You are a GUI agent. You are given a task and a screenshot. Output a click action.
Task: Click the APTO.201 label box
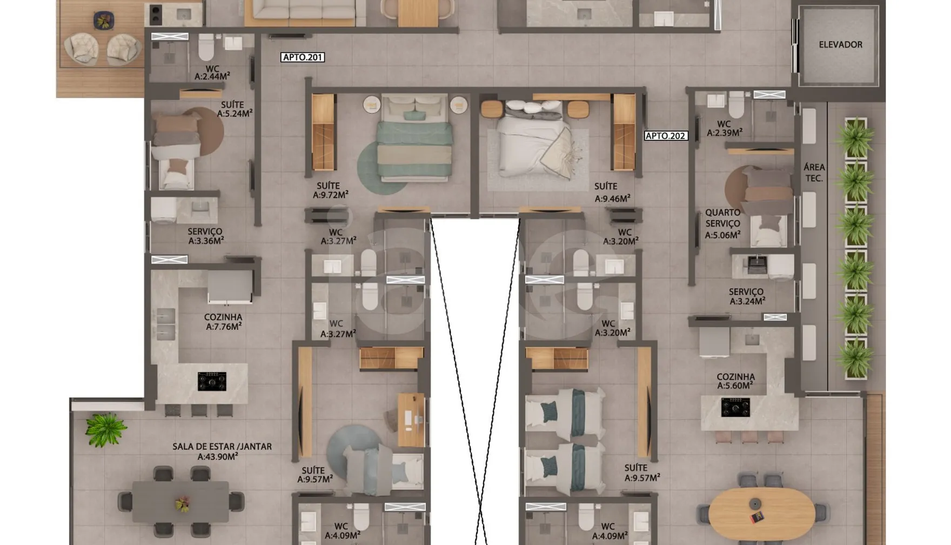(303, 57)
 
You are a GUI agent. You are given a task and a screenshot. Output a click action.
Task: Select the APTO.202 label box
(666, 136)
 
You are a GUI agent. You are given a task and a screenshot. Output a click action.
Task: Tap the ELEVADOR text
(840, 45)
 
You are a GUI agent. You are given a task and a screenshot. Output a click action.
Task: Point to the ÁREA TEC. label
(814, 172)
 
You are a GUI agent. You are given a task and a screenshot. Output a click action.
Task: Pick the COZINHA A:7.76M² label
(223, 322)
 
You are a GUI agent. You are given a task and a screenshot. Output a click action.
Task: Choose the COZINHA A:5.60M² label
(735, 381)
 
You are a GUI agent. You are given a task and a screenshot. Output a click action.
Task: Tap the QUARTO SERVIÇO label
(722, 218)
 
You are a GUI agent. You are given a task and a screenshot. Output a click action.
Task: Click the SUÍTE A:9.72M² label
(330, 190)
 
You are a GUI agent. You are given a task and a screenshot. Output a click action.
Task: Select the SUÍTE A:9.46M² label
(612, 192)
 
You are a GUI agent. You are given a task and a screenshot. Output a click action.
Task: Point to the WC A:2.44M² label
(212, 73)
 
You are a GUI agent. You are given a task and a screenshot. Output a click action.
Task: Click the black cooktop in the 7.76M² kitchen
(212, 381)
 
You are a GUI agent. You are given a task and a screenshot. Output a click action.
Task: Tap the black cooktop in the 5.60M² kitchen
(735, 407)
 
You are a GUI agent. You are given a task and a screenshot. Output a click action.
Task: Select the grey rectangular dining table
(180, 502)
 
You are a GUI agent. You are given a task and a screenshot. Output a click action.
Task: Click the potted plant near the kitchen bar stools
(105, 429)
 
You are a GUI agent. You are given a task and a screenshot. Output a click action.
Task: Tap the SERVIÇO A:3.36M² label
(206, 236)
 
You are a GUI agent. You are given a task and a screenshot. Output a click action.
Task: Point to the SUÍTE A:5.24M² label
(235, 109)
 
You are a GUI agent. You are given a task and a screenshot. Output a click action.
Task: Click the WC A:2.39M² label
(724, 129)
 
